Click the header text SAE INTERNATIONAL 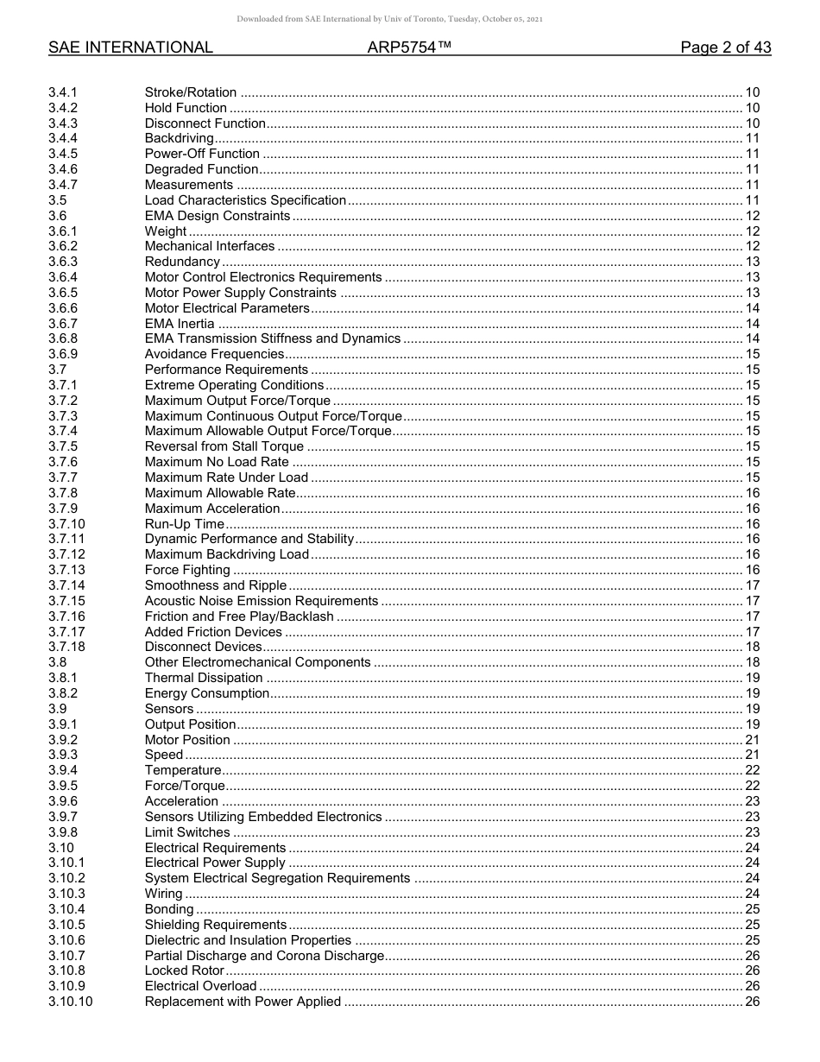[x=130, y=48]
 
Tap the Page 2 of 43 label [x=725, y=48]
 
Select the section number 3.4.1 [x=63, y=92]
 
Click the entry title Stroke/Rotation [x=191, y=92]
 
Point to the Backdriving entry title [x=179, y=138]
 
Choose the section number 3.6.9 [x=63, y=354]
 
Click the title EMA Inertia [x=180, y=324]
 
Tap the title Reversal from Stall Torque [x=224, y=446]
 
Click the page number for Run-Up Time [x=752, y=524]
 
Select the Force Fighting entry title [x=187, y=570]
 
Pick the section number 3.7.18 [x=66, y=647]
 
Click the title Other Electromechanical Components [x=257, y=662]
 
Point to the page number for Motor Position [x=752, y=740]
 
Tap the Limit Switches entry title [x=187, y=832]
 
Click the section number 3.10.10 [x=70, y=1002]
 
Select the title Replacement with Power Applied [x=243, y=1002]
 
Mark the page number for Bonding [x=752, y=909]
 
